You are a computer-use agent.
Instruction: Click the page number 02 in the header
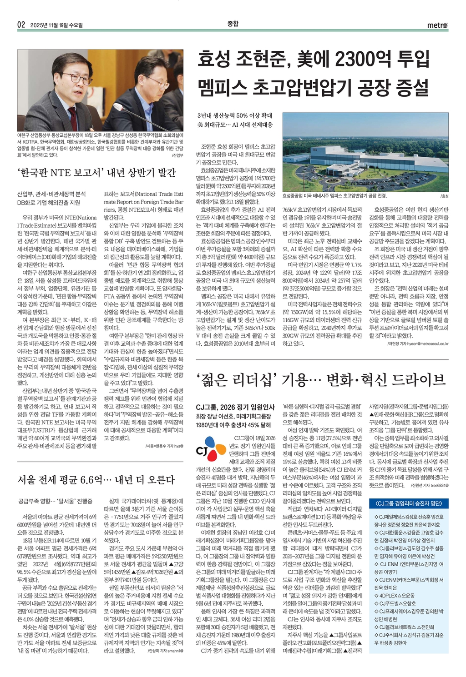pyautogui.click(x=21, y=25)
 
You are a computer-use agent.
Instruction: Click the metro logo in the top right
pyautogui.click(x=437, y=25)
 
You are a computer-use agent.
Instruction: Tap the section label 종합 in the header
pyautogui.click(x=233, y=24)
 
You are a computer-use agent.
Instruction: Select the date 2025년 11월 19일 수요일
pyautogui.click(x=56, y=25)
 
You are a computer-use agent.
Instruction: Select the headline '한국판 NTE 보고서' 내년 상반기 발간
pyautogui.click(x=96, y=172)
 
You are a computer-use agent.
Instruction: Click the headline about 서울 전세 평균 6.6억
pyautogui.click(x=96, y=480)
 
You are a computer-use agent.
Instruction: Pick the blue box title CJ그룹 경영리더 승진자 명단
pyautogui.click(x=409, y=503)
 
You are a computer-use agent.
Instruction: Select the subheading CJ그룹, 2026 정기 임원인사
pyautogui.click(x=235, y=407)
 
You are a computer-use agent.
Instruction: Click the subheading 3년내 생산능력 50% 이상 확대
pyautogui.click(x=235, y=116)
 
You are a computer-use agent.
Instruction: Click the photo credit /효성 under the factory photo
pyautogui.click(x=444, y=196)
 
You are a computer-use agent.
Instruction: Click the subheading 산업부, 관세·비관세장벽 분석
pyautogui.click(x=51, y=194)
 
